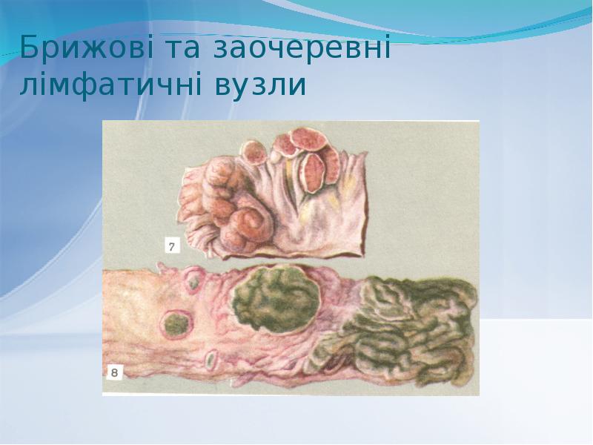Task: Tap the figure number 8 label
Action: [116, 374]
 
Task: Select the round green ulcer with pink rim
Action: [176, 324]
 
